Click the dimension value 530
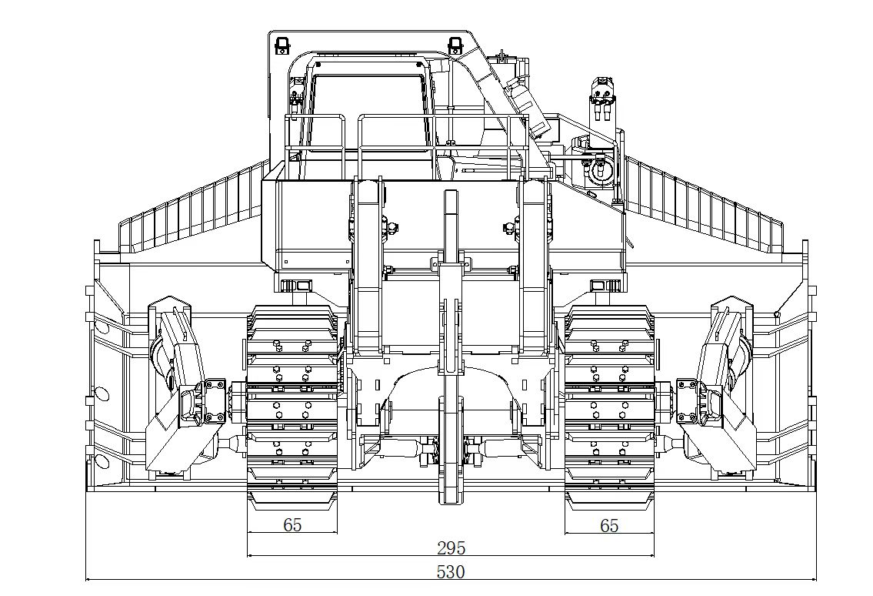coord(451,572)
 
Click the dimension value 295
coord(451,548)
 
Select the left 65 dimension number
coord(292,524)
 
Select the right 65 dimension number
coord(609,525)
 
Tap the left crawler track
coord(292,407)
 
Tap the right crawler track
coord(610,407)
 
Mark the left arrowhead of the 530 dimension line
coord(88,580)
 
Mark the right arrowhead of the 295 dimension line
coord(652,555)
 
